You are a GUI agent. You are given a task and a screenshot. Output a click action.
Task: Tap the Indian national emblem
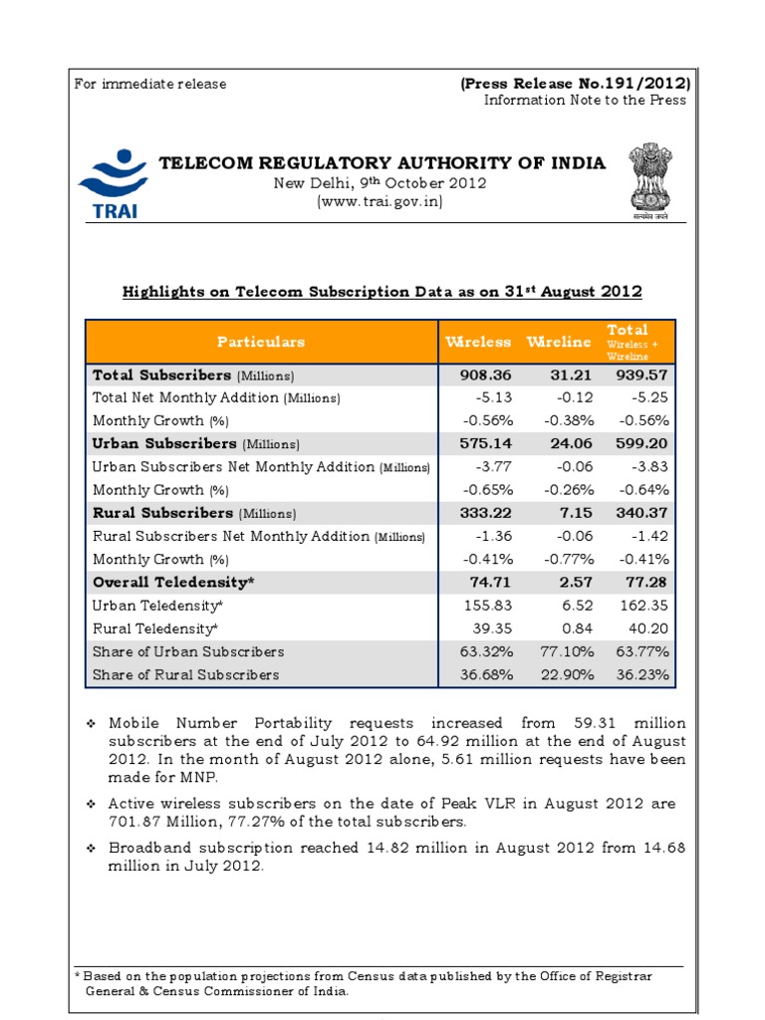(647, 180)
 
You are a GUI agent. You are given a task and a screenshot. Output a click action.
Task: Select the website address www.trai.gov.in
(380, 201)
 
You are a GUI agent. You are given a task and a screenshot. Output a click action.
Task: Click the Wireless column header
(478, 342)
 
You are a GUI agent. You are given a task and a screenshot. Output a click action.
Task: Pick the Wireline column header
(559, 342)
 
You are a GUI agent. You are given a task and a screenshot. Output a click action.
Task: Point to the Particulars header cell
(261, 342)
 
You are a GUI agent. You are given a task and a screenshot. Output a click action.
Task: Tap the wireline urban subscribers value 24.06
(569, 443)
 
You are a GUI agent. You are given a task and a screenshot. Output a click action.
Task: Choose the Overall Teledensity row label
(173, 582)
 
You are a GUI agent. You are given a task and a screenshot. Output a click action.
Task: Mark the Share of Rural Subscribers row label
(185, 674)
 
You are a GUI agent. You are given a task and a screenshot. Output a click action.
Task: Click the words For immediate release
(150, 84)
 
